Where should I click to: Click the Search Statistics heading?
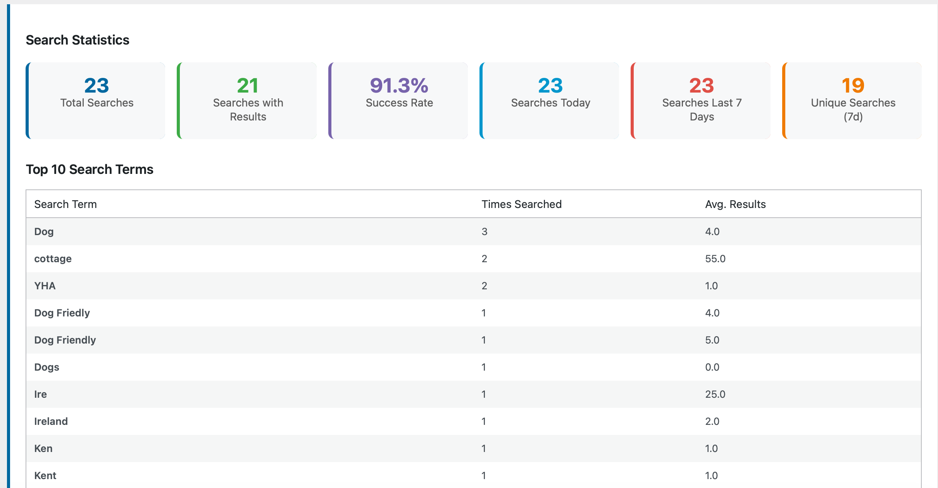point(78,40)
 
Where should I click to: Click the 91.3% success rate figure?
point(399,86)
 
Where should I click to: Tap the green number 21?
point(248,86)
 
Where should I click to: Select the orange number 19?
point(853,86)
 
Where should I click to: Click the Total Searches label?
point(97,103)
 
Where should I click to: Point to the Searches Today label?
point(550,103)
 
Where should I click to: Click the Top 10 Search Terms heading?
point(90,170)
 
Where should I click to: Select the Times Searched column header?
point(521,204)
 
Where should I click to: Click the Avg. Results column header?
point(735,204)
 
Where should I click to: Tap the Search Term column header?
point(66,204)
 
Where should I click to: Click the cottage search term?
point(53,259)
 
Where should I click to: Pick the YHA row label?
point(45,286)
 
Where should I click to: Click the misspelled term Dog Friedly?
point(62,313)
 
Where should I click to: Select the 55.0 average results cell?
point(715,259)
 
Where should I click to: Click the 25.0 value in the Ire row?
point(715,394)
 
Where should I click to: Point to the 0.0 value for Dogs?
point(712,367)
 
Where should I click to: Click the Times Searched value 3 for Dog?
point(485,232)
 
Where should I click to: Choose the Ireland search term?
point(51,421)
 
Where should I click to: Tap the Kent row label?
point(45,476)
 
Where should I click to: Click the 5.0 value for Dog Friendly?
point(712,340)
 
